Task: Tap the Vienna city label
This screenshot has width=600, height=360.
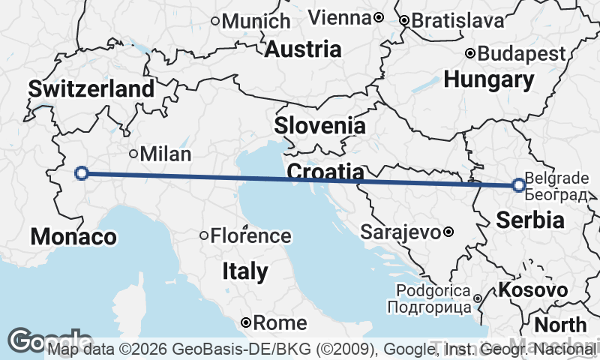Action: pos(340,17)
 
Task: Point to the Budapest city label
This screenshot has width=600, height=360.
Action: pos(522,54)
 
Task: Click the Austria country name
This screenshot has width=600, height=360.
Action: pos(303,50)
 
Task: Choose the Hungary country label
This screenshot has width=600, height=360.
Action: pos(489,79)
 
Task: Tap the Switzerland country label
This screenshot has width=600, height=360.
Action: pos(91,89)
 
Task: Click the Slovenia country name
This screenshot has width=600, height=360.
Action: pos(319,125)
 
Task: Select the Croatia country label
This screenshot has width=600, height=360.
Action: pos(326,173)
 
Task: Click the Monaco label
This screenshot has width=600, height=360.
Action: pos(73,237)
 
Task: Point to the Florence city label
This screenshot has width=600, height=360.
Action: pos(250,236)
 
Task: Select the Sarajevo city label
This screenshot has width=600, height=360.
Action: pos(400,232)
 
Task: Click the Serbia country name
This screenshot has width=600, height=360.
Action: pos(531,220)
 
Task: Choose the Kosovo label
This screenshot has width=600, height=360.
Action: pos(533,290)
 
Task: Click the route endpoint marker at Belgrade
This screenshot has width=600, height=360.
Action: pos(518,184)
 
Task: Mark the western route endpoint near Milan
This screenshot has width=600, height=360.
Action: pos(82,174)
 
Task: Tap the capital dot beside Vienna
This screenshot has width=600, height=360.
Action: pos(379,17)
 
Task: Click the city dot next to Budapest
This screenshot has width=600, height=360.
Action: pos(470,53)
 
